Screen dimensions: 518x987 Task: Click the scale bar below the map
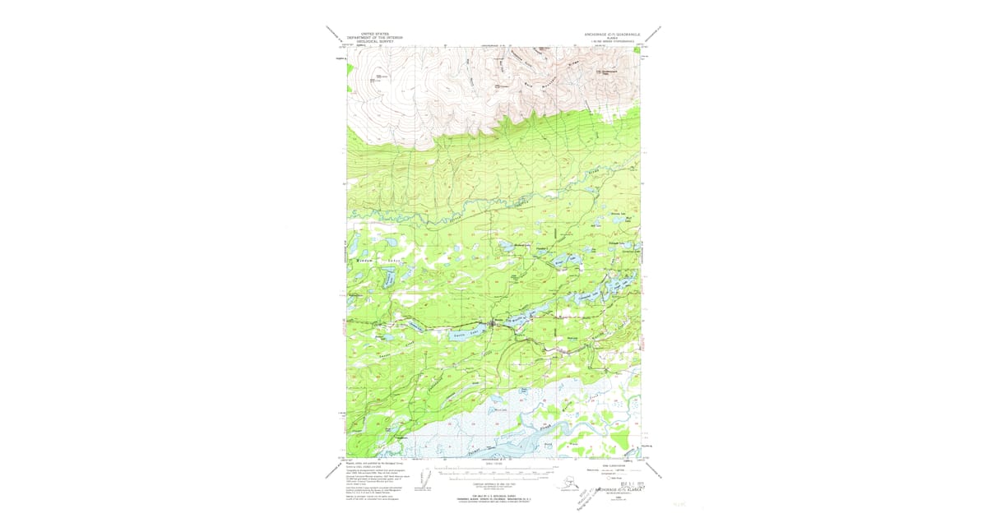pos(493,474)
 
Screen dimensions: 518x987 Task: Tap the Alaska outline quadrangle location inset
pos(568,481)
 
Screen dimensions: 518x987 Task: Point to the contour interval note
pos(493,483)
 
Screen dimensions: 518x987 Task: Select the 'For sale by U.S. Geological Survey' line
pos(493,493)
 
